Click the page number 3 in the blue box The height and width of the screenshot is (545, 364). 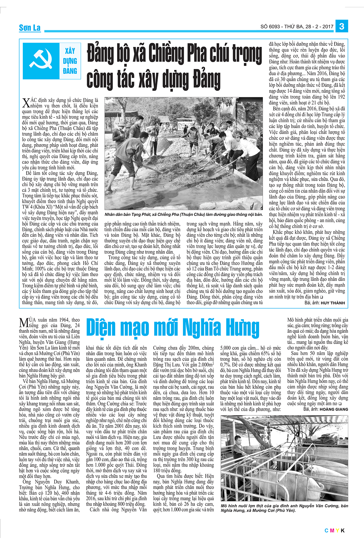(x=342, y=26)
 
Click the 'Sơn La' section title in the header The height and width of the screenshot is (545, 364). (x=29, y=28)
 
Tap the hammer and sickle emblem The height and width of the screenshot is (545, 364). (x=41, y=61)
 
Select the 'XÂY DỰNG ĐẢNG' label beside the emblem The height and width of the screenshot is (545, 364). (x=70, y=61)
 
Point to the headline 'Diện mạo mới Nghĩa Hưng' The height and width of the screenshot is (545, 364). (x=173, y=328)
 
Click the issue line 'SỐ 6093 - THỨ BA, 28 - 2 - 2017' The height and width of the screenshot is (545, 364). (x=297, y=27)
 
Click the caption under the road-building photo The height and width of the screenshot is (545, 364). (x=184, y=215)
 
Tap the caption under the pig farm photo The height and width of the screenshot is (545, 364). (x=284, y=508)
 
